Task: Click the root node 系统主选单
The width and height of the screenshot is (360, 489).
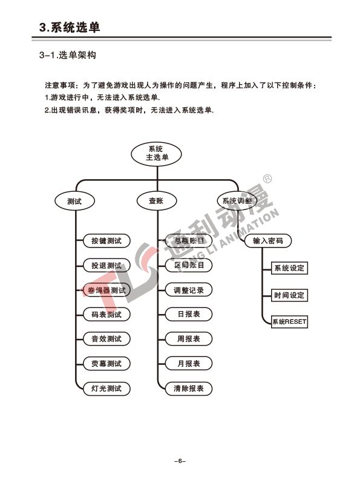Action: click(x=156, y=154)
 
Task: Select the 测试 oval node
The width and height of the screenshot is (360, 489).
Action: click(x=74, y=201)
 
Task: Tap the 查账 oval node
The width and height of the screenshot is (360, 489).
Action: click(x=157, y=200)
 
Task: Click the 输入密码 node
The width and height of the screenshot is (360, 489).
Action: click(x=268, y=241)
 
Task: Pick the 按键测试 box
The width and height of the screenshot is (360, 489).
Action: click(x=106, y=241)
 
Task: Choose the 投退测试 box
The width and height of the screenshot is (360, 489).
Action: click(x=106, y=266)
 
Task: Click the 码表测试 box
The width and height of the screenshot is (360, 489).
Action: click(x=106, y=314)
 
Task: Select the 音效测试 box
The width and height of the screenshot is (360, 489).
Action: click(x=106, y=339)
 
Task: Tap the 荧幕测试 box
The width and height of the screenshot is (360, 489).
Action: click(x=106, y=363)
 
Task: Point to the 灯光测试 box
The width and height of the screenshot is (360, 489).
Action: click(x=106, y=389)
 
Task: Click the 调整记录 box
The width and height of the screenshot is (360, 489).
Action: click(x=189, y=290)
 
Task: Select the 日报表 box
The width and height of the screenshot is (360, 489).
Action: click(x=189, y=314)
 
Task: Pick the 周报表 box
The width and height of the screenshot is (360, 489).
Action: click(x=189, y=339)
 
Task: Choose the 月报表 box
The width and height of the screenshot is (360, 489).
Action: click(x=189, y=363)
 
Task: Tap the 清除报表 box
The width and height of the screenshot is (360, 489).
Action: click(x=189, y=389)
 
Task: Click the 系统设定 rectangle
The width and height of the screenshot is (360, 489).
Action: click(x=289, y=268)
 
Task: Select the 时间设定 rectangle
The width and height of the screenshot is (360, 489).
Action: click(x=289, y=295)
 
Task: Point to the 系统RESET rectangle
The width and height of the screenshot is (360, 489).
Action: click(x=289, y=321)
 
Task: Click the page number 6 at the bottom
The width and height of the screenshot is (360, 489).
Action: click(x=180, y=461)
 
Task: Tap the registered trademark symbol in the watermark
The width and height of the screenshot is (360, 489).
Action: click(x=267, y=179)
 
